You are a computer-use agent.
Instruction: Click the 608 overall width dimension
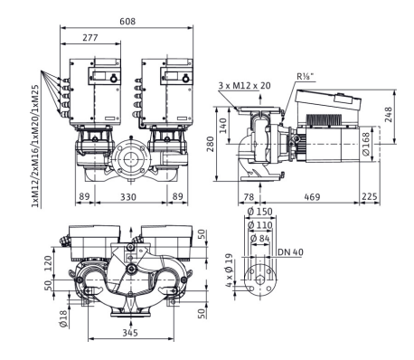point(127,22)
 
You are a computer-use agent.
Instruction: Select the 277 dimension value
point(90,37)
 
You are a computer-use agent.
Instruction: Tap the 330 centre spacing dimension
point(128,196)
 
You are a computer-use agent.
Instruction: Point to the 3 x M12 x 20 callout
point(244,86)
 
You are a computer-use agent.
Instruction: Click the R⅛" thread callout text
point(305,76)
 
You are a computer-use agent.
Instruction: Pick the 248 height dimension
point(388,114)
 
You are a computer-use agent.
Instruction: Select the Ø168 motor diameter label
point(366,144)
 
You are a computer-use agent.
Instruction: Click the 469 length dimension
point(312,196)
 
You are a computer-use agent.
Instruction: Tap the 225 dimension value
point(369,196)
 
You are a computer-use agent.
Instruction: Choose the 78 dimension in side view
point(249,196)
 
